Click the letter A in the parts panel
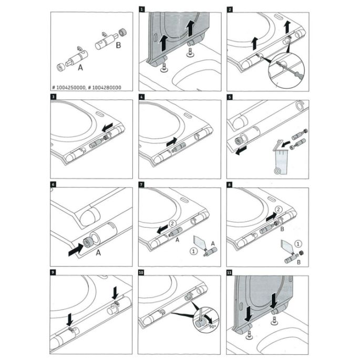click(81, 67)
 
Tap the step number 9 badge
click(53, 272)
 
